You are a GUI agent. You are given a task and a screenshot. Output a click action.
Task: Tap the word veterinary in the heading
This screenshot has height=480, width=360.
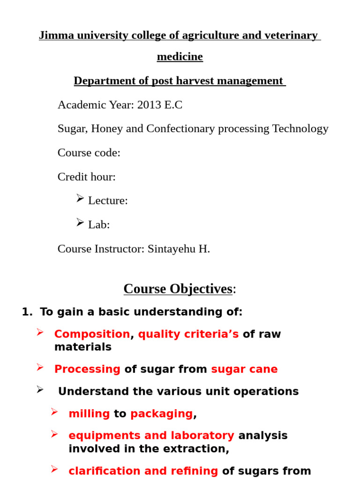tap(292, 36)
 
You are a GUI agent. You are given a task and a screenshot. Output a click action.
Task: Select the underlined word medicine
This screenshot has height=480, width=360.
tap(180, 57)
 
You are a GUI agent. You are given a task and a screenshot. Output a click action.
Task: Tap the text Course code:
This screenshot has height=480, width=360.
tap(89, 153)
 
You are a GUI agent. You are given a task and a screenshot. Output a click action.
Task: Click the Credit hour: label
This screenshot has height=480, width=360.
tap(87, 177)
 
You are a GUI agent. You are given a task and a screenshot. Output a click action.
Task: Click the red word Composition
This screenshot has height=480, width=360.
tap(92, 334)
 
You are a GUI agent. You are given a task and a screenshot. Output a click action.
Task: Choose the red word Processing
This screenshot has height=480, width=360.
tap(87, 369)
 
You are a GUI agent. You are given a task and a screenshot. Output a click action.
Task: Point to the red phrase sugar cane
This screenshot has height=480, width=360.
tap(244, 369)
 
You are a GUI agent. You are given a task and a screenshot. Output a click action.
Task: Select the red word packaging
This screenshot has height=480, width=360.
tap(161, 414)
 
